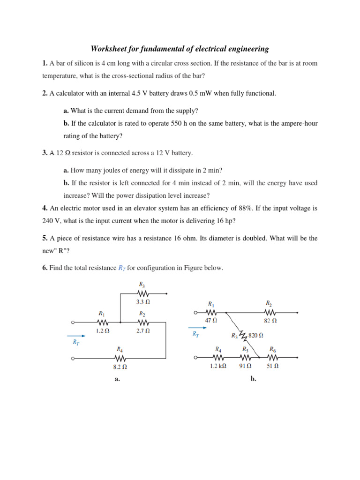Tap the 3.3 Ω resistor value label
143,302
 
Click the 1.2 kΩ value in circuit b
218,366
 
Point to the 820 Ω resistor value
255,335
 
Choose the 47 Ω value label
211,321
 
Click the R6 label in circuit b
272,349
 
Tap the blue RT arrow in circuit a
76,336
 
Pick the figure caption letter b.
253,380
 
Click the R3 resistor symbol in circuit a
143,294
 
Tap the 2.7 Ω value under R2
143,330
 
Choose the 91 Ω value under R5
246,366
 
